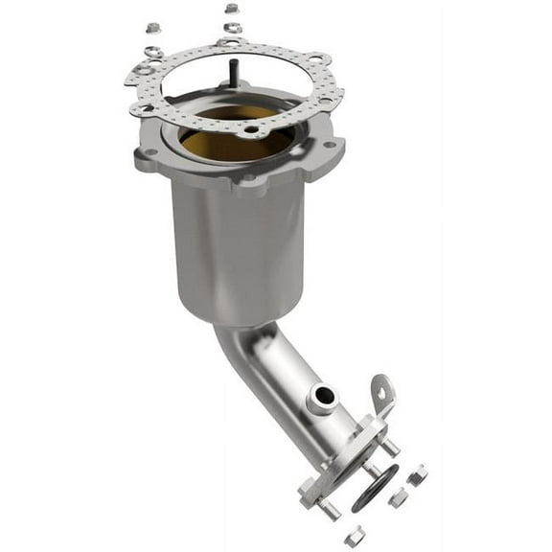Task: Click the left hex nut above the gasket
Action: pyautogui.click(x=153, y=28)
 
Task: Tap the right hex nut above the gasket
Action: pyautogui.click(x=232, y=9)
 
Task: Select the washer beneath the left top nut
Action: pyautogui.click(x=153, y=50)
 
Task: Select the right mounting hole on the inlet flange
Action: pyautogui.click(x=329, y=146)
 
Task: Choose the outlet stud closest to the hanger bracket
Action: pyautogui.click(x=390, y=448)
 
